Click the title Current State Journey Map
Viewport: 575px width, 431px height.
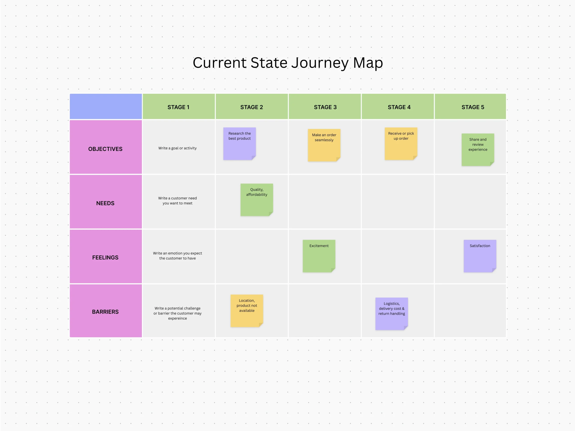click(x=287, y=63)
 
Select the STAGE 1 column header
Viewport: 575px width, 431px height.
click(x=178, y=107)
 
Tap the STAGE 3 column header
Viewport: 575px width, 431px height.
click(x=325, y=107)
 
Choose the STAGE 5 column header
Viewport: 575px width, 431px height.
click(x=473, y=107)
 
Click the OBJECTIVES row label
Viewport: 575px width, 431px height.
click(x=105, y=149)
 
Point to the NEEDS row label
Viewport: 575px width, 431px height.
click(x=105, y=203)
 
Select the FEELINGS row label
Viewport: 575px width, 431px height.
click(x=105, y=257)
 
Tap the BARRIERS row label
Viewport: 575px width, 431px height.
click(x=105, y=312)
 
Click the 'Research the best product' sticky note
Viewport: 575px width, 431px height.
click(x=239, y=144)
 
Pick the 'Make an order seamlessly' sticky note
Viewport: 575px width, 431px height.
click(x=324, y=145)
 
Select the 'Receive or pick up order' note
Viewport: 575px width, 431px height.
click(x=401, y=144)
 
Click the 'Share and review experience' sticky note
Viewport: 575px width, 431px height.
click(x=478, y=150)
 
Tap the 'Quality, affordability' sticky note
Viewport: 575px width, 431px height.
click(x=257, y=200)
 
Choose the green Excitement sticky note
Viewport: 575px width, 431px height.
click(x=319, y=256)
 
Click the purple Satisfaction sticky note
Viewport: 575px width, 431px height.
click(x=480, y=256)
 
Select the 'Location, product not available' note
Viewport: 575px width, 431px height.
click(x=247, y=311)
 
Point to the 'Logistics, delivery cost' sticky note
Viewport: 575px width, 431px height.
click(x=391, y=314)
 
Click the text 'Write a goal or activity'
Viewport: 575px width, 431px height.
click(x=177, y=148)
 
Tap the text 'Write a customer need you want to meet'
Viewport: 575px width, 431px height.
click(x=177, y=200)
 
